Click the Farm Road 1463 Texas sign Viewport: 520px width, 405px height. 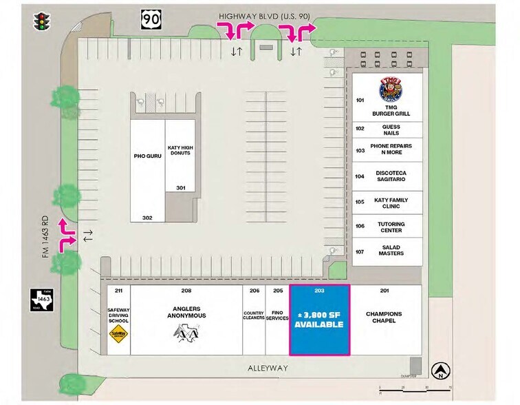41,301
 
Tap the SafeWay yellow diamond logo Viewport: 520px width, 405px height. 118,335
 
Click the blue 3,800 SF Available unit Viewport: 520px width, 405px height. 319,320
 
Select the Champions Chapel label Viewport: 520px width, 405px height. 384,318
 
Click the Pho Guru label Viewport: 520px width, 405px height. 147,156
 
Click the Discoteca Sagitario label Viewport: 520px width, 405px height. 390,176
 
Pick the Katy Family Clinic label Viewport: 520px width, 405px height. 391,203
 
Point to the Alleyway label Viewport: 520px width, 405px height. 268,368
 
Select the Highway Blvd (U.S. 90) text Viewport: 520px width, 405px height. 263,15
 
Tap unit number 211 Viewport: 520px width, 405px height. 118,291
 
